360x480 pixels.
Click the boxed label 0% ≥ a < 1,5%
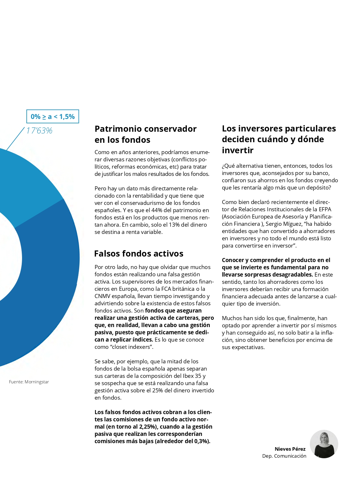click(53, 117)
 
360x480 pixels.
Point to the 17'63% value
click(39, 131)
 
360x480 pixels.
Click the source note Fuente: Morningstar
click(29, 382)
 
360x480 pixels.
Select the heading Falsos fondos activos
click(139, 254)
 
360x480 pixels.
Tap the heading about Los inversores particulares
click(279, 139)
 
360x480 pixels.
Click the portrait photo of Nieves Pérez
click(324, 444)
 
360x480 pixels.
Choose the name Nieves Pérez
click(290, 449)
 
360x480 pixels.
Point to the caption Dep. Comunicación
click(284, 456)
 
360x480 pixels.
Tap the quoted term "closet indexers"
click(132, 347)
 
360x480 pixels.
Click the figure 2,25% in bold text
click(148, 427)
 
